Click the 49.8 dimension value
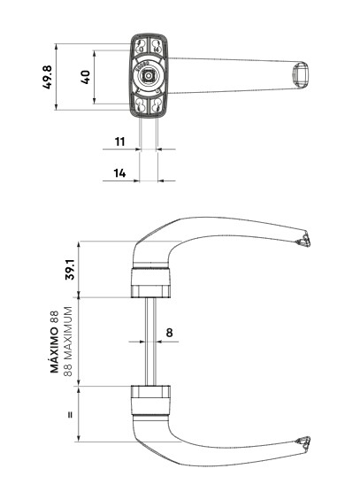tap(48, 77)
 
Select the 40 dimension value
tap(86, 77)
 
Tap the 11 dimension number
tap(119, 142)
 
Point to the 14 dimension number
tap(119, 173)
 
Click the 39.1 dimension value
tap(70, 270)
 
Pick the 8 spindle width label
tap(169, 333)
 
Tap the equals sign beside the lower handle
tap(71, 415)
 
